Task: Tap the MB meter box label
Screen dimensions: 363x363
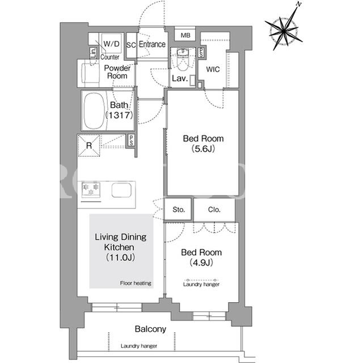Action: [x=185, y=35]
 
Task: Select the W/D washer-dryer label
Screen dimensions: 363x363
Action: [x=111, y=44]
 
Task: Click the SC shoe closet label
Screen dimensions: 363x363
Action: [x=131, y=45]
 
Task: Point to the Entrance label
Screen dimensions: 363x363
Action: [x=152, y=44]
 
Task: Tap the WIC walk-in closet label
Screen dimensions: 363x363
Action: [x=213, y=69]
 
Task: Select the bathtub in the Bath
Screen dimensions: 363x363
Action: [x=94, y=111]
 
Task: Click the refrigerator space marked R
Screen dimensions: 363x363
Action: [x=89, y=145]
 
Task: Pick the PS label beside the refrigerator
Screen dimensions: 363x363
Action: [x=131, y=140]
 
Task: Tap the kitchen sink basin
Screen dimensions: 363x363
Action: [x=121, y=190]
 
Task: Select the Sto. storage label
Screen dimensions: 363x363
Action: [x=179, y=210]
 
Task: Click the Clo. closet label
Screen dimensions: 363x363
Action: [x=214, y=210]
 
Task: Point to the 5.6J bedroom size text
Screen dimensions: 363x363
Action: [x=203, y=149]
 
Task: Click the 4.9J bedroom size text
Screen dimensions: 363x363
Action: [x=201, y=262]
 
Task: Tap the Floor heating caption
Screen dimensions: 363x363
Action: [x=136, y=283]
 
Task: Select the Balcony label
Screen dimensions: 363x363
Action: [x=150, y=329]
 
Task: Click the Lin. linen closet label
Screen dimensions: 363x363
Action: [x=94, y=53]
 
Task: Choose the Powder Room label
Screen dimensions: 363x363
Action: [x=117, y=72]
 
